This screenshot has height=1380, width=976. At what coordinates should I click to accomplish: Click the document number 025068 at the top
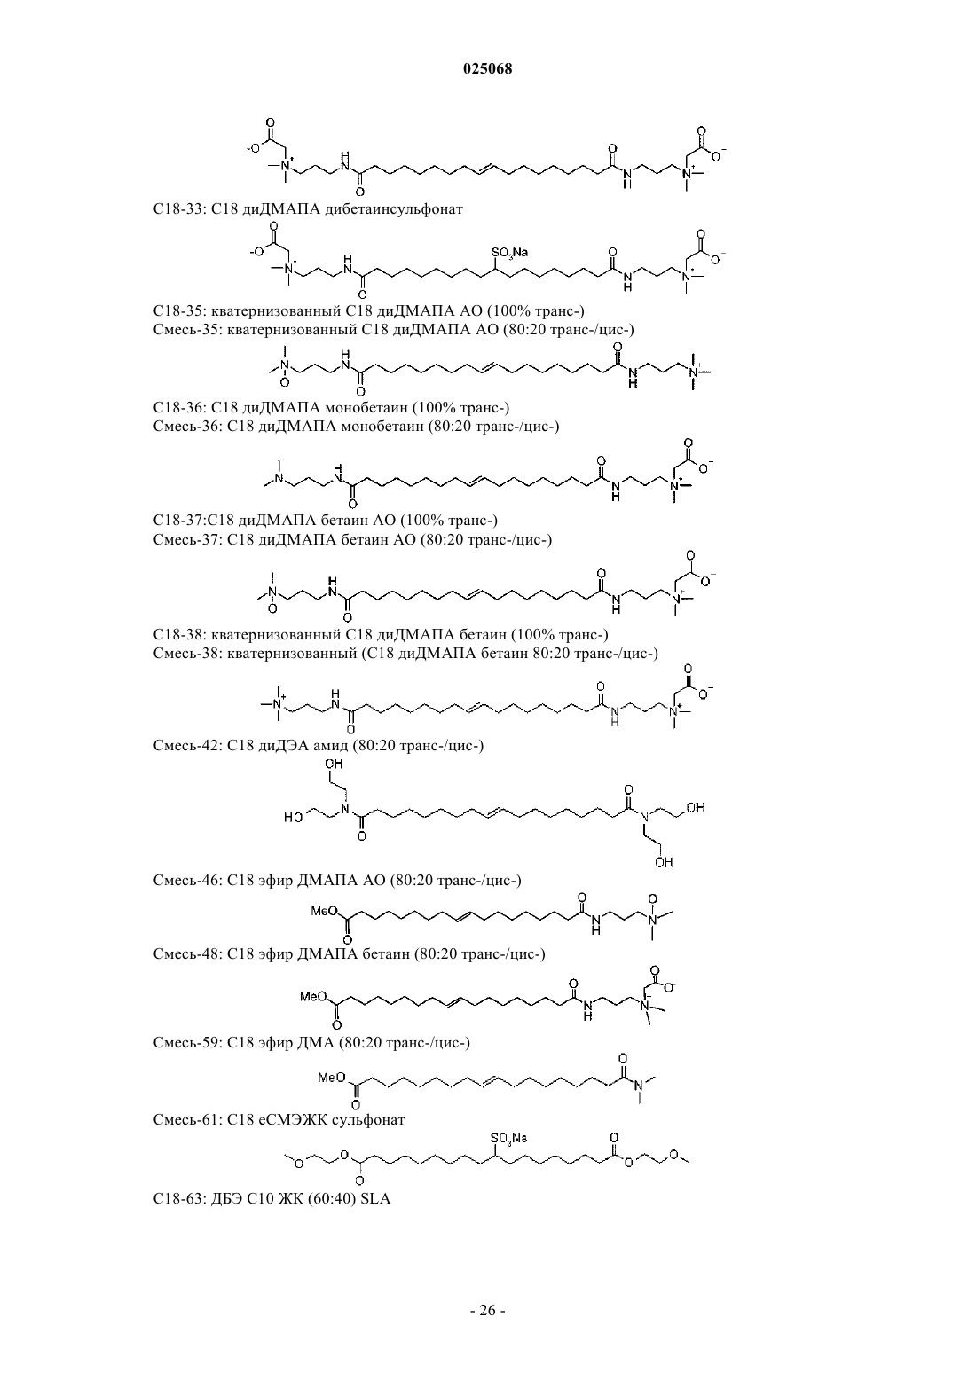pyautogui.click(x=487, y=69)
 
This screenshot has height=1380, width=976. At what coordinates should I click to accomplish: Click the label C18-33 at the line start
pyautogui.click(x=179, y=208)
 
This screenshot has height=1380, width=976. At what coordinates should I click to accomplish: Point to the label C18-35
pyautogui.click(x=179, y=310)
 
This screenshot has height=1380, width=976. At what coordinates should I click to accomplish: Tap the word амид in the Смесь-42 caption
pyautogui.click(x=331, y=746)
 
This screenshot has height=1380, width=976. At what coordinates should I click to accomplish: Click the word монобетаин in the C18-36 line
pyautogui.click(x=374, y=407)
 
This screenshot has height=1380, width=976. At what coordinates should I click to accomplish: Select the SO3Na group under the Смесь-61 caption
pyautogui.click(x=509, y=1138)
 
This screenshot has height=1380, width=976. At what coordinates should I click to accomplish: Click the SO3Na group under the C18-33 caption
pyautogui.click(x=509, y=252)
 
